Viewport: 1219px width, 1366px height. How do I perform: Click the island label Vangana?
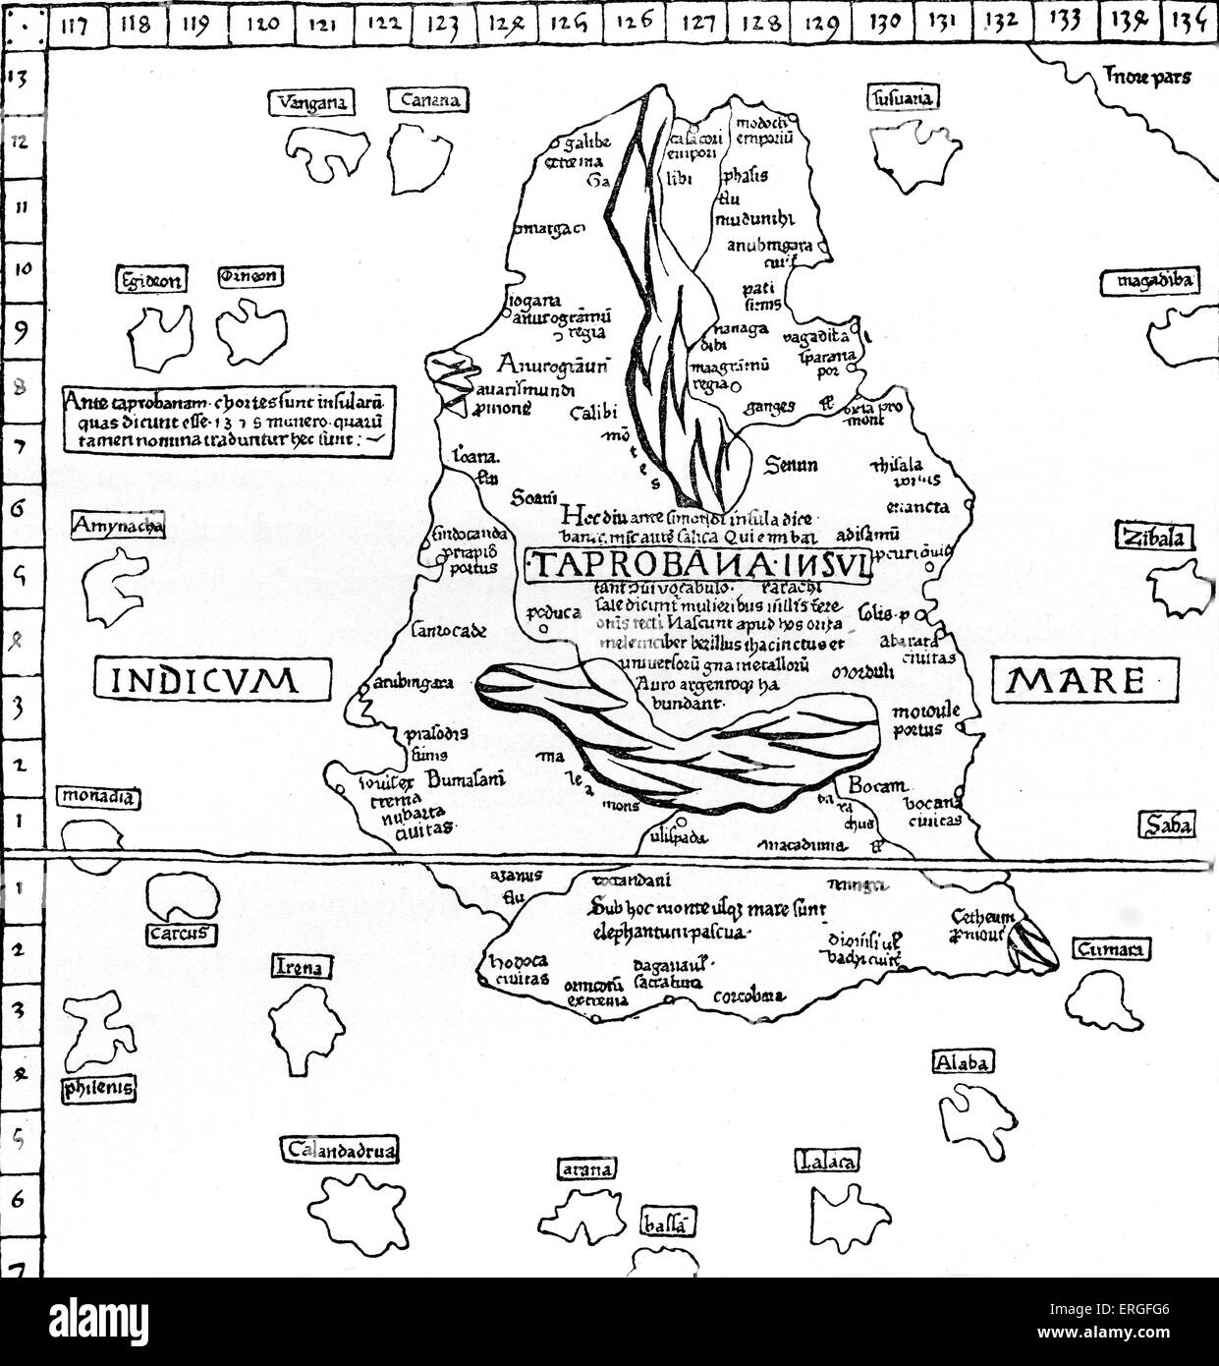pyautogui.click(x=308, y=102)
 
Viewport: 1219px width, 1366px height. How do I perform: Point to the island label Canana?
pyautogui.click(x=429, y=100)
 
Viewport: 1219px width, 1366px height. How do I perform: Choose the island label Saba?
pyautogui.click(x=1166, y=825)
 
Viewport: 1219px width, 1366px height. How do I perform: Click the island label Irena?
pyautogui.click(x=301, y=968)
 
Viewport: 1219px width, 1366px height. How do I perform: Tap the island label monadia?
pyautogui.click(x=96, y=799)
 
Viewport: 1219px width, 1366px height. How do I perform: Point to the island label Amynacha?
pyautogui.click(x=116, y=527)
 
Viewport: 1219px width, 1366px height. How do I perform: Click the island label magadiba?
pyautogui.click(x=1146, y=282)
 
